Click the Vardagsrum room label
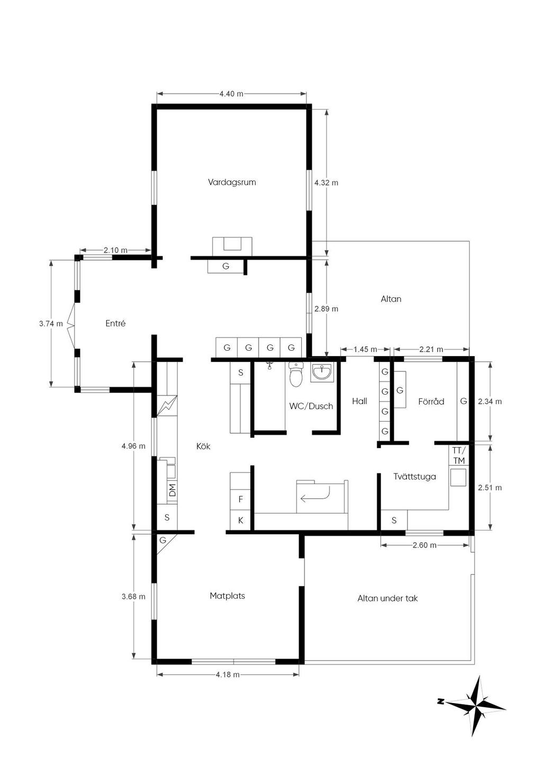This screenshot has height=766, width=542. point(232,182)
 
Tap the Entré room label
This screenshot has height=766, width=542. point(115,323)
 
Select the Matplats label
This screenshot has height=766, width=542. point(227,596)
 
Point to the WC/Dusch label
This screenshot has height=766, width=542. point(311,406)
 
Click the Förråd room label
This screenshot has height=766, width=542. point(431,401)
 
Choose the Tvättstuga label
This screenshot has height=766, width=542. point(415,476)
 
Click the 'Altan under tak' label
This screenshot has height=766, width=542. point(387,598)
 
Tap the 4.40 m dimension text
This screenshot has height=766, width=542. point(231,94)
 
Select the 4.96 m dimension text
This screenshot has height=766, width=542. point(133,446)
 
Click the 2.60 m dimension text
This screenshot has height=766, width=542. point(424,545)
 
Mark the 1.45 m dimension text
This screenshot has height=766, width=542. point(365,349)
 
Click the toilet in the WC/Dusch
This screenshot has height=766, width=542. point(296,375)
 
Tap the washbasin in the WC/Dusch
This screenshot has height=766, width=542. point(321,372)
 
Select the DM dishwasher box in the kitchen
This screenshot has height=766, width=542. point(172,490)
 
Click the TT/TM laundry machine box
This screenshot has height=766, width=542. point(459,455)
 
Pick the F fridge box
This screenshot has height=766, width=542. point(240,499)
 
